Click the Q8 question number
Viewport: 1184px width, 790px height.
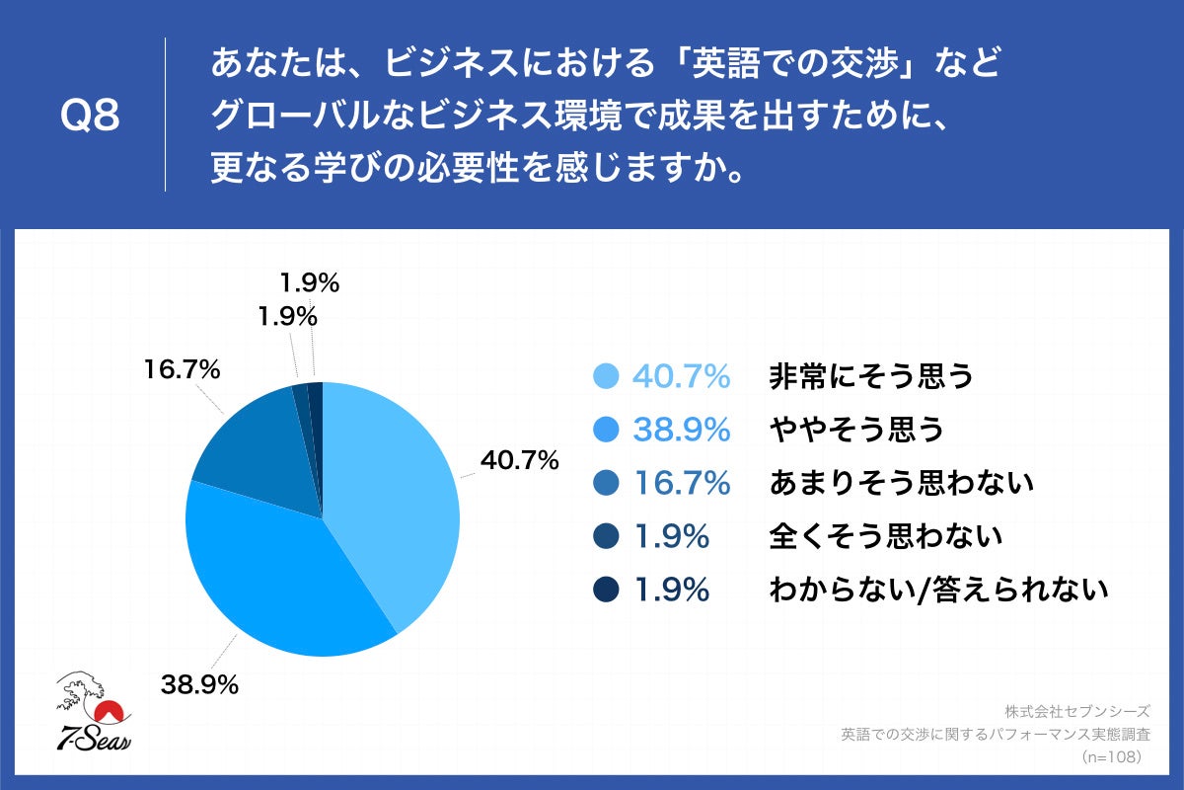pyautogui.click(x=90, y=117)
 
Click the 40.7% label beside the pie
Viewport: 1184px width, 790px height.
pyautogui.click(x=519, y=460)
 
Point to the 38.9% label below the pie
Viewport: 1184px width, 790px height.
pyautogui.click(x=199, y=684)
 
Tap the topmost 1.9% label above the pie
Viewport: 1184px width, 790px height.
pyautogui.click(x=308, y=283)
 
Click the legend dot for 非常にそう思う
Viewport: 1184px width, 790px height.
pyautogui.click(x=606, y=376)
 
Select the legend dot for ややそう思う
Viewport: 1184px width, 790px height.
pyautogui.click(x=606, y=430)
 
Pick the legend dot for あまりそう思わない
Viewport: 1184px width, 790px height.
pyautogui.click(x=606, y=483)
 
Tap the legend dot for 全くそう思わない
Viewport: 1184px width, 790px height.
pyautogui.click(x=606, y=536)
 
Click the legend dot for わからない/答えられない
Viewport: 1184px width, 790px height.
pyautogui.click(x=606, y=590)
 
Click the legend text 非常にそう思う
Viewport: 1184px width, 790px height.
pyautogui.click(x=870, y=376)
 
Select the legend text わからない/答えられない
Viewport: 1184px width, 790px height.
pyautogui.click(x=938, y=590)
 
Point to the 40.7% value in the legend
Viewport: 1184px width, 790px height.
pyautogui.click(x=681, y=376)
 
